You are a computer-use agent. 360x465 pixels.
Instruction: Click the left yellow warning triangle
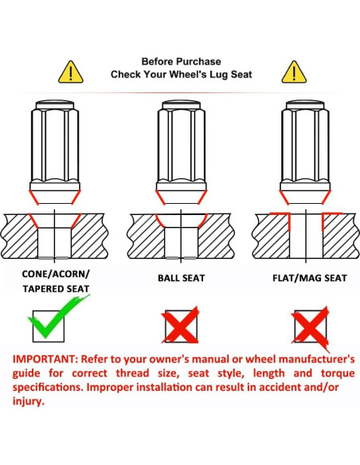click(x=71, y=72)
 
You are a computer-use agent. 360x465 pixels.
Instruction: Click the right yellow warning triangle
click(x=294, y=72)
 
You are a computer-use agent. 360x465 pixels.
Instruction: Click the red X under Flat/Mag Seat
click(x=311, y=328)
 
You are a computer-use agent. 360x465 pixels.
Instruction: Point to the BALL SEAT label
click(x=181, y=278)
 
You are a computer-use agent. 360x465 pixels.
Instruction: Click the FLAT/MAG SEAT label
click(x=310, y=278)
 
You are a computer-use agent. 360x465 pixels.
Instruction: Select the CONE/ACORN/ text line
click(x=56, y=274)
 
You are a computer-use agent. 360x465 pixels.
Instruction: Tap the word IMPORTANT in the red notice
click(x=45, y=359)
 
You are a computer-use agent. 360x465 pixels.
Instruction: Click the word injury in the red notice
click(x=28, y=401)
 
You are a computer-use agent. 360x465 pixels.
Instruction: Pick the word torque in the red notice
click(x=338, y=373)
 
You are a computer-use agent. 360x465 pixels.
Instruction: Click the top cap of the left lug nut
click(x=55, y=105)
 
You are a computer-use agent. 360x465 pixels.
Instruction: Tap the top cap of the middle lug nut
click(x=181, y=105)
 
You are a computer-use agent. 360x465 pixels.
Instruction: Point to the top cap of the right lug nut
click(x=305, y=105)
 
